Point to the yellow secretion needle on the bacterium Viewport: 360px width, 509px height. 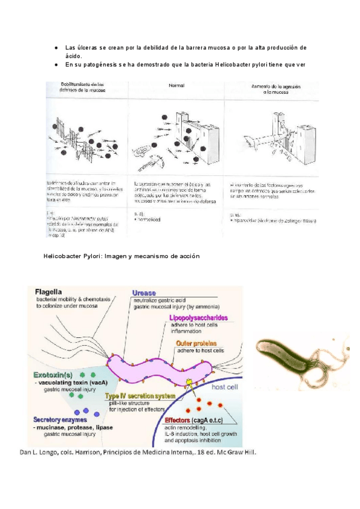pyautogui.click(x=188, y=383)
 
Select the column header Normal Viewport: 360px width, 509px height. pyautogui.click(x=176, y=86)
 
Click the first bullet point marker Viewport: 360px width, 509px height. pyautogui.click(x=56, y=47)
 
